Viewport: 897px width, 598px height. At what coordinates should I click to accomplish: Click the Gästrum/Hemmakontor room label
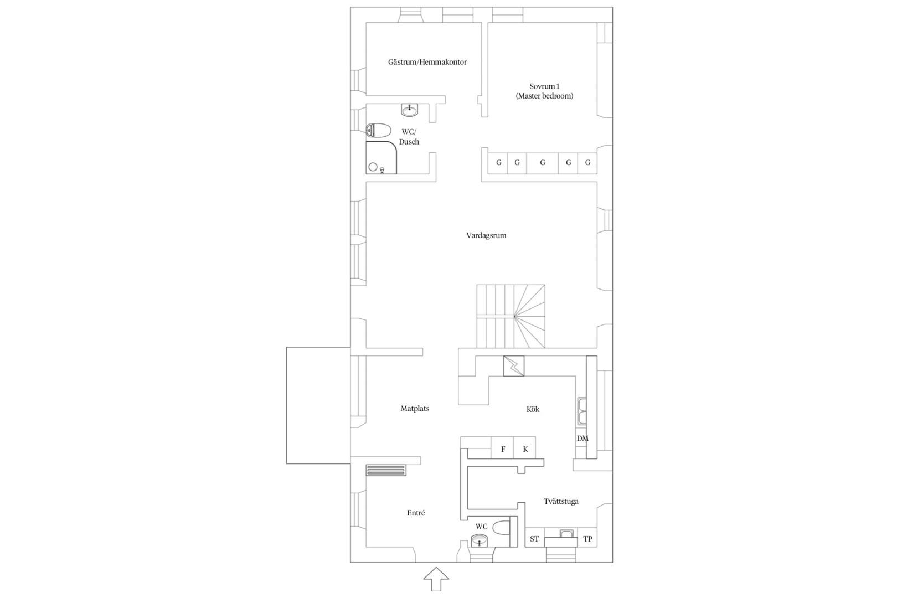427,62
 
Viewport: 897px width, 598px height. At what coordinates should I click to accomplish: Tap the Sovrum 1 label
544,86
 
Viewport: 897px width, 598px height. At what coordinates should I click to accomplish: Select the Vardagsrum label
486,235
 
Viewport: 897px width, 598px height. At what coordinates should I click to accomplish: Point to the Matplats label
415,409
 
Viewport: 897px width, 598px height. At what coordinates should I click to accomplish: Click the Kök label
533,409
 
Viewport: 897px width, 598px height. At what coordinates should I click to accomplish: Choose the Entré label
416,513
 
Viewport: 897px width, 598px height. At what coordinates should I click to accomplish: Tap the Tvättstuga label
560,502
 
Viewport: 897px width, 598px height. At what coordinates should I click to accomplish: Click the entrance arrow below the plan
436,579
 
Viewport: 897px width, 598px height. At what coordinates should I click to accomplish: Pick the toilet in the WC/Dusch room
378,130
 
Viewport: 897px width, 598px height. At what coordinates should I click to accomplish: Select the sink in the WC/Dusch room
409,110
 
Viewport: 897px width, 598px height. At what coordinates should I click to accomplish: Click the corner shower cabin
381,157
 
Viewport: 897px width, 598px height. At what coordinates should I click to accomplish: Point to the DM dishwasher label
582,439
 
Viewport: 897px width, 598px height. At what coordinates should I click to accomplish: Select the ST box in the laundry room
534,539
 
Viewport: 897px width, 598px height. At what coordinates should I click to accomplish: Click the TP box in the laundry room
587,539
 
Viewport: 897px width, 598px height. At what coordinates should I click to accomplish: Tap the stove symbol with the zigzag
514,366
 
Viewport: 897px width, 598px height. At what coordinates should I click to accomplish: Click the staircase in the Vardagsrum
511,316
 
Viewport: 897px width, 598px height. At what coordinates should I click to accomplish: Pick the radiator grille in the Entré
386,470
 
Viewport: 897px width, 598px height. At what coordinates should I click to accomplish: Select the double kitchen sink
582,411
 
